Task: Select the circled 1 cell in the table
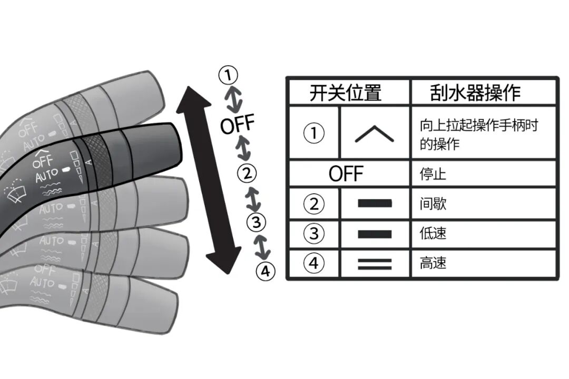point(314,133)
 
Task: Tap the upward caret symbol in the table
point(374,134)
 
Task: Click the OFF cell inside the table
point(346,174)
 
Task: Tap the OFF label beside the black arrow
point(237,125)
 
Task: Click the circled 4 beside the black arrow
point(266,272)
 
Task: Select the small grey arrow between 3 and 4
point(262,246)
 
